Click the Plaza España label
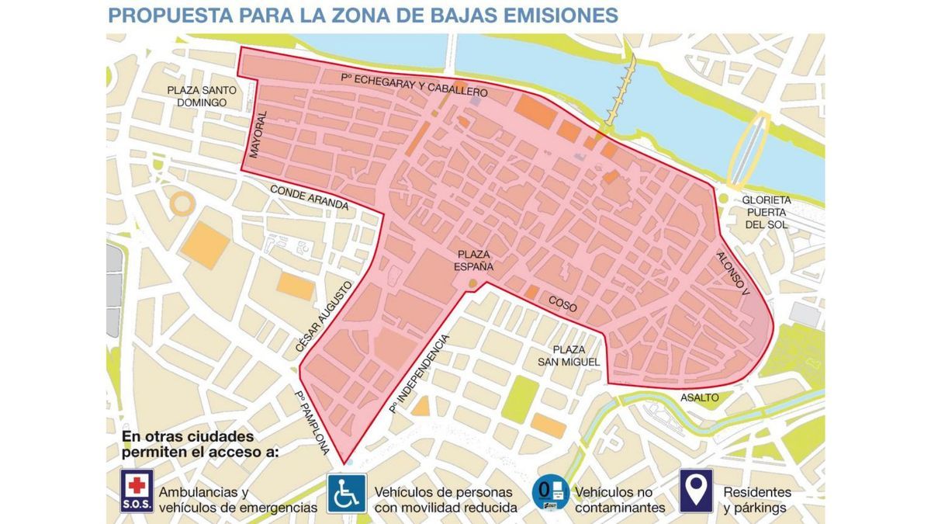(474, 260)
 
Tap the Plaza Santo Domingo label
(201, 96)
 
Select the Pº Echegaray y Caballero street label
(414, 85)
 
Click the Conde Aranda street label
(309, 196)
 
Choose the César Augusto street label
(317, 320)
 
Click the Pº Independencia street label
(420, 373)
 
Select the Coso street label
(562, 304)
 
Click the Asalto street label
(699, 397)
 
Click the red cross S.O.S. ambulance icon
(137, 491)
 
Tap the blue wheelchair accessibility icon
(346, 493)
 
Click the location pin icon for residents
(696, 491)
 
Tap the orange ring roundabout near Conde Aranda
(183, 203)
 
